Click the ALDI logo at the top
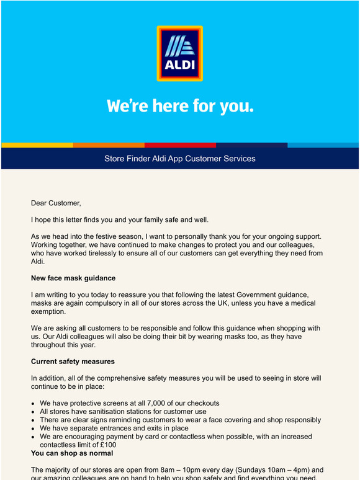(x=180, y=53)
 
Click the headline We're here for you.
(x=180, y=106)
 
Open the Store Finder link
(x=124, y=159)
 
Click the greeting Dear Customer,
(x=56, y=203)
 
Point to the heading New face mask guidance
(x=73, y=278)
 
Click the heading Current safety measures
(x=73, y=362)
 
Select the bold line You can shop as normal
(x=72, y=453)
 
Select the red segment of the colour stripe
(x=180, y=145)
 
